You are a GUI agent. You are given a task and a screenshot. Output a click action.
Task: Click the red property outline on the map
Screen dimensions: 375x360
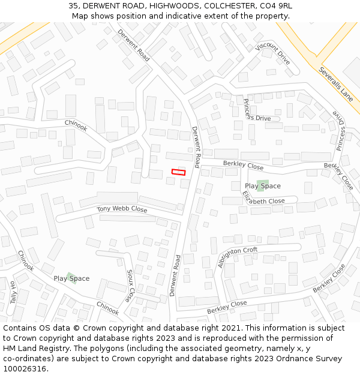click(x=179, y=172)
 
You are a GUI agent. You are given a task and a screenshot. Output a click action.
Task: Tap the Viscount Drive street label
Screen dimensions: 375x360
click(x=272, y=54)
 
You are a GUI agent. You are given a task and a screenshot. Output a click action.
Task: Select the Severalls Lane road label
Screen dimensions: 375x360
click(x=336, y=84)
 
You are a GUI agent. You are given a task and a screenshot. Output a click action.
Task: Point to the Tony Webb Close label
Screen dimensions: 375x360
click(x=122, y=209)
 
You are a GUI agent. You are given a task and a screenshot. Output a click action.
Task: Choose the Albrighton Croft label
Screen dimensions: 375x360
click(x=238, y=257)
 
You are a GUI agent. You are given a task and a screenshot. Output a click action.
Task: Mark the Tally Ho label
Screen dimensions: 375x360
click(x=13, y=292)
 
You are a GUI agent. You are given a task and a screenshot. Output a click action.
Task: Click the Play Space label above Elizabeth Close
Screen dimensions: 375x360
click(x=263, y=186)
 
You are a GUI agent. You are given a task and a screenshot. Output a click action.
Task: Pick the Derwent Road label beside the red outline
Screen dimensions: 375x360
click(x=196, y=147)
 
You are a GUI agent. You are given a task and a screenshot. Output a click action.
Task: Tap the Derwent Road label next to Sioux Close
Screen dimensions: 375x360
click(x=175, y=275)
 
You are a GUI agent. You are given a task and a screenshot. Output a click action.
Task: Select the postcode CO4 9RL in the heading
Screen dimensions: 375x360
click(x=275, y=5)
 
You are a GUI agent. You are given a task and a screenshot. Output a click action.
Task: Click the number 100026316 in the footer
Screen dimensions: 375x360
click(x=25, y=369)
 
